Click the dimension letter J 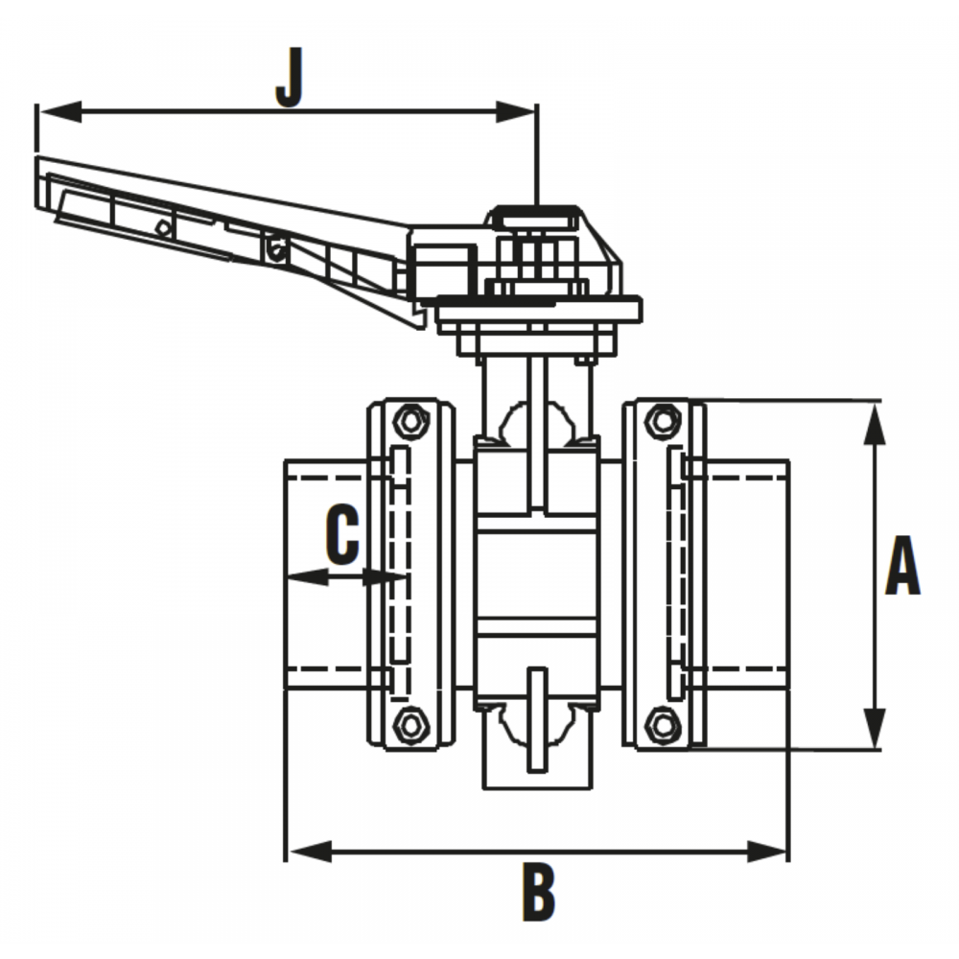pyautogui.click(x=290, y=79)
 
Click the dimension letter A pyautogui.click(x=902, y=565)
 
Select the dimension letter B pyautogui.click(x=538, y=891)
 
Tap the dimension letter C pyautogui.click(x=342, y=534)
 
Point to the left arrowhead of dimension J pyautogui.click(x=59, y=112)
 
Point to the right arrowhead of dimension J pyautogui.click(x=516, y=112)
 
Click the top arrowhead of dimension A pyautogui.click(x=876, y=423)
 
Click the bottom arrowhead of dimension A pyautogui.click(x=876, y=728)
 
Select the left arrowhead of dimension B pyautogui.click(x=310, y=851)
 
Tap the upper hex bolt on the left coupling pyautogui.click(x=410, y=420)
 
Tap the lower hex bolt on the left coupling pyautogui.click(x=410, y=725)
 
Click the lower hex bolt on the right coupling pyautogui.click(x=664, y=725)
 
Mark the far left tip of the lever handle pyautogui.click(x=36, y=158)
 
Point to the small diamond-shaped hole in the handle pyautogui.click(x=162, y=227)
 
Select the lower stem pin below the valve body pyautogui.click(x=538, y=719)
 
